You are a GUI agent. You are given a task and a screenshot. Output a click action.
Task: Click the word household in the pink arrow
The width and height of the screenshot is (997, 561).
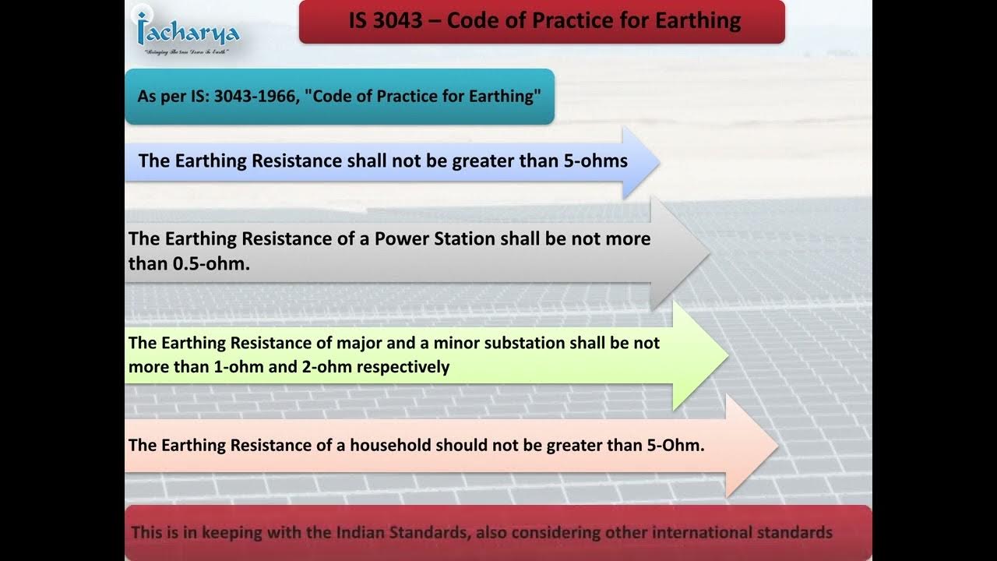[x=390, y=445]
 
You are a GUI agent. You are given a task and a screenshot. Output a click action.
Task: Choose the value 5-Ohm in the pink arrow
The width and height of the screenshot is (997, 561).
[x=677, y=445]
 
